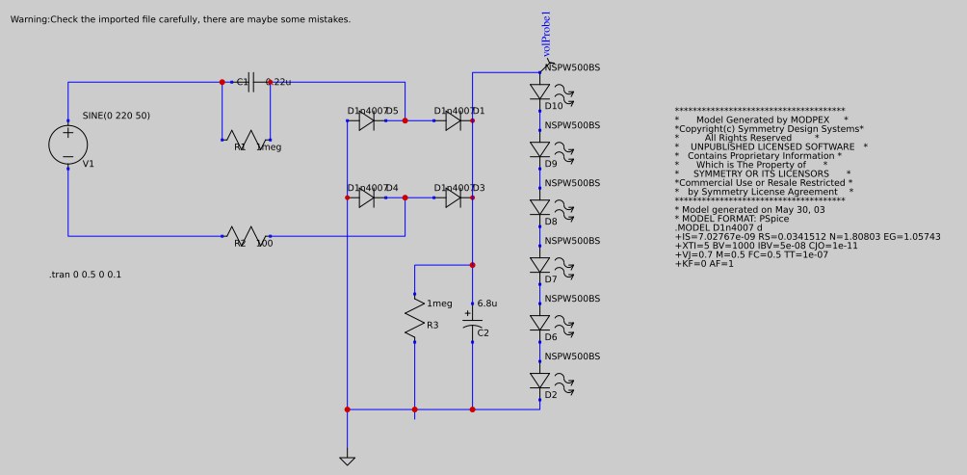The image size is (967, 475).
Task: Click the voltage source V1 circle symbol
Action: click(67, 145)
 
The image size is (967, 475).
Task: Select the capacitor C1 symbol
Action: click(250, 82)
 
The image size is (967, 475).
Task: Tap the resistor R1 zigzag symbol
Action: click(246, 139)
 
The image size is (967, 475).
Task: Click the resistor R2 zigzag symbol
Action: click(246, 235)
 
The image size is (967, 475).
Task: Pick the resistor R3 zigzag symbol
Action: click(414, 318)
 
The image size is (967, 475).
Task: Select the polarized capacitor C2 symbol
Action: click(472, 323)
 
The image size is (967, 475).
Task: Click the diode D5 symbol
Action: click(366, 120)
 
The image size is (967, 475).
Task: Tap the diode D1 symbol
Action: click(453, 120)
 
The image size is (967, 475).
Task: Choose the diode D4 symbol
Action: click(366, 198)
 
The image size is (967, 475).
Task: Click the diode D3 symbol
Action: click(453, 198)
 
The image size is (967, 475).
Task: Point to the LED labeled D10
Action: click(540, 92)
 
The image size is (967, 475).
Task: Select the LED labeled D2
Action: click(540, 382)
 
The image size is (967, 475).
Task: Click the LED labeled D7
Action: click(540, 265)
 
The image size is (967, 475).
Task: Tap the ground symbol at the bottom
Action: click(347, 460)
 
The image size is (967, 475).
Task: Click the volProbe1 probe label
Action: click(547, 34)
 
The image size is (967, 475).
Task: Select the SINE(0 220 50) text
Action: click(116, 116)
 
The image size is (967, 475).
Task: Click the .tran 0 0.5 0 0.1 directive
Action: click(86, 275)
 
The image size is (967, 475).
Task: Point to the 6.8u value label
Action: click(487, 303)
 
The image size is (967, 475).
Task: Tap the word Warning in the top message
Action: click(29, 19)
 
